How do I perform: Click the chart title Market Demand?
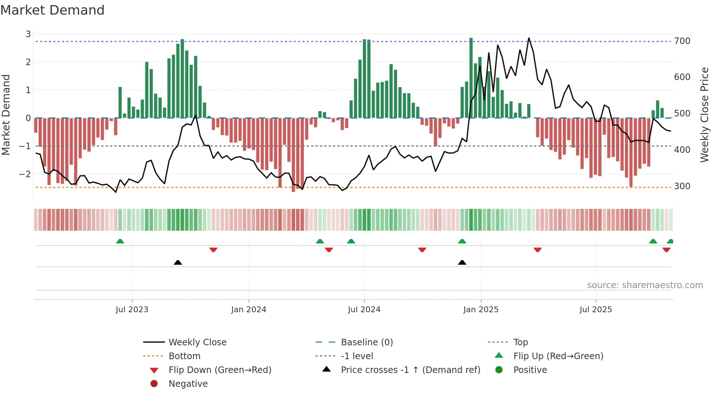coord(52,10)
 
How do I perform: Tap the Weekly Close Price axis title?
coord(705,115)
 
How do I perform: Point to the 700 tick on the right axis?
coord(682,41)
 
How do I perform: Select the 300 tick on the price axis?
coord(682,186)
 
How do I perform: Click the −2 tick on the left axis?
coord(25,174)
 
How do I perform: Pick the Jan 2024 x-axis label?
coord(248,310)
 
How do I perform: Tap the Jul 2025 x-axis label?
coord(596,310)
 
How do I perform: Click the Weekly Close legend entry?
coord(197,342)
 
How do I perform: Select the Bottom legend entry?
coord(184,356)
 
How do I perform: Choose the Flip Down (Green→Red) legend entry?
coord(220,370)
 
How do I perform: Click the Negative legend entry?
coord(188,384)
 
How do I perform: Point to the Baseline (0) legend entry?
coord(366,342)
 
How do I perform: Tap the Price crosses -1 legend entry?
coord(410,370)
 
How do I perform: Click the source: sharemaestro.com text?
coord(645,285)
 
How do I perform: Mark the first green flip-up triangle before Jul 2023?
coord(120,241)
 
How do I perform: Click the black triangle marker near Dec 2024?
coord(462,263)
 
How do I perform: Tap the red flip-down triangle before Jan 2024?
coord(213,250)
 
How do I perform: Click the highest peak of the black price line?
coord(529,38)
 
